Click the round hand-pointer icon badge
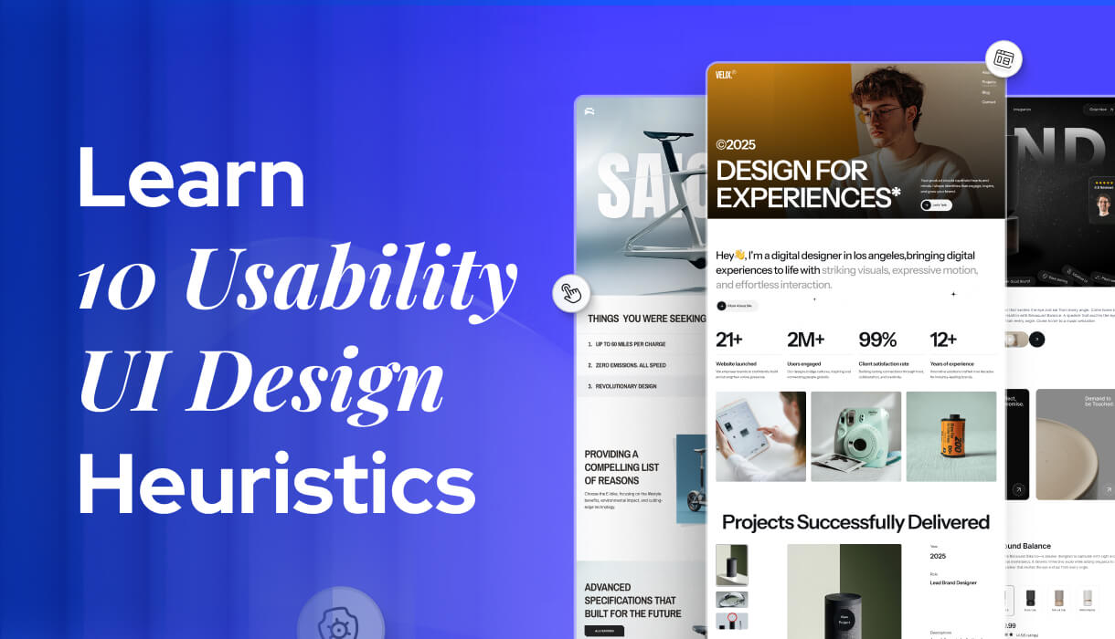pos(571,293)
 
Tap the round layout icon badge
pos(1003,59)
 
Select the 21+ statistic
pos(729,340)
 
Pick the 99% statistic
pos(877,340)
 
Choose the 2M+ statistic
pos(806,340)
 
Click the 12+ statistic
pos(943,340)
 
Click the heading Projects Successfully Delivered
pos(855,522)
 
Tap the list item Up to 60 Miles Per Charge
pos(631,344)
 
